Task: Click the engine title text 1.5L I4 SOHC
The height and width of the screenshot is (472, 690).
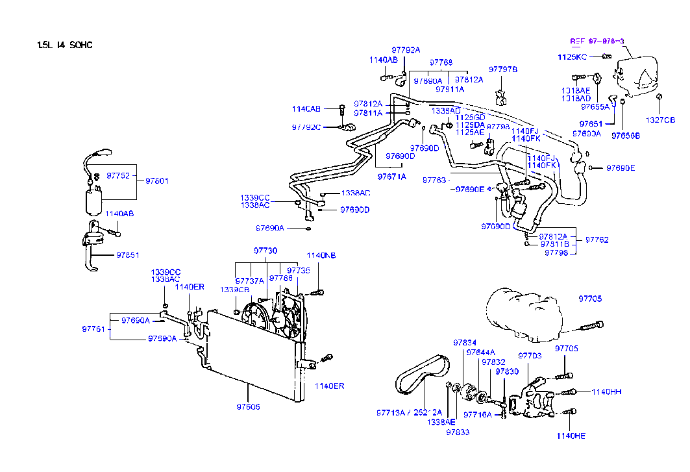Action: pos(65,45)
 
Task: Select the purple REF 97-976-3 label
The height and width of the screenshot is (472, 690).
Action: pos(597,41)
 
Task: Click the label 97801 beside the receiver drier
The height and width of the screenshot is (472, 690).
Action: pos(156,180)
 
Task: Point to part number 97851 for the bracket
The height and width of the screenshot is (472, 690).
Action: pos(128,255)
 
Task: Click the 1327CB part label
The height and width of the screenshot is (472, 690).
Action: pos(660,120)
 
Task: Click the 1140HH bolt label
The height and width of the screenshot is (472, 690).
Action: pos(607,391)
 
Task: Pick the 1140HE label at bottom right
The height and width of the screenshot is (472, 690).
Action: pos(571,436)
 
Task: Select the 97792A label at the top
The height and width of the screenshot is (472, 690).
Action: pos(406,49)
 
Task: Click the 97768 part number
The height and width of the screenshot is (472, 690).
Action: pos(441,62)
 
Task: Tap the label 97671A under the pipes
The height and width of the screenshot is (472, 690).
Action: pos(391,176)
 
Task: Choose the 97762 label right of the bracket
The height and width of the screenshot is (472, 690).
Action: pos(597,240)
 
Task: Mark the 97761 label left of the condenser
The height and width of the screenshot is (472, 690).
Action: pos(93,329)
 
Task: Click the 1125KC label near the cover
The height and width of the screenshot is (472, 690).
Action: pos(573,57)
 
